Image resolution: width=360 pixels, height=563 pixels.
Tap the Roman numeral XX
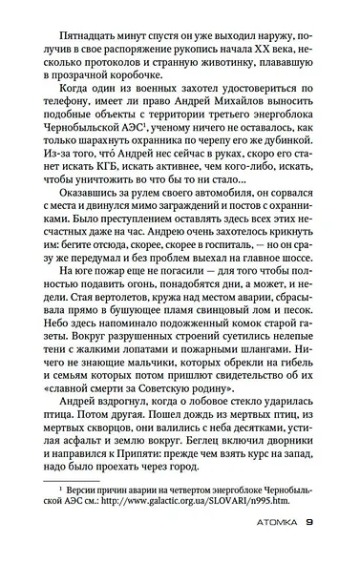[259, 45]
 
